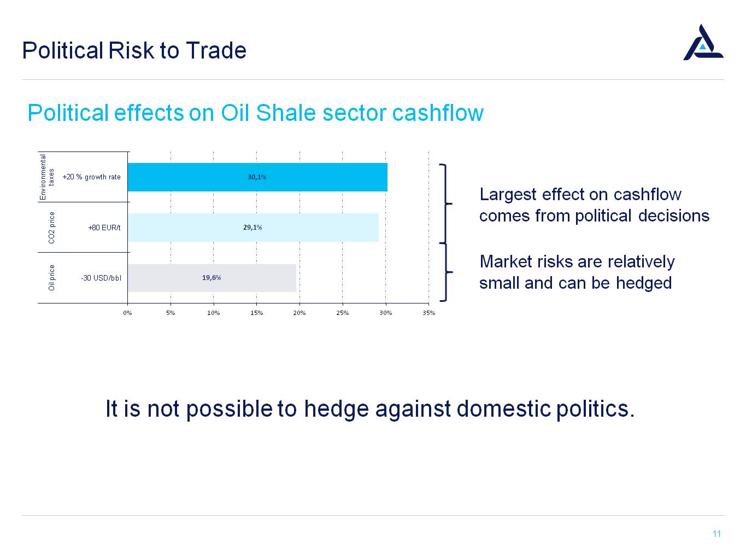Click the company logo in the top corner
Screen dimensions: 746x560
click(703, 43)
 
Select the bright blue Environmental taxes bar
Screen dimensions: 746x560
click(257, 177)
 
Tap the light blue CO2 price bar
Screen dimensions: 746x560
click(253, 227)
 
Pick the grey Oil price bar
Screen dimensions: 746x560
click(212, 278)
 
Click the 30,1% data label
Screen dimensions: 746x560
click(257, 177)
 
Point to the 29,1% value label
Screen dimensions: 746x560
click(252, 227)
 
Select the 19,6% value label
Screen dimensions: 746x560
click(212, 277)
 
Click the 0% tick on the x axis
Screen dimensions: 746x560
click(127, 313)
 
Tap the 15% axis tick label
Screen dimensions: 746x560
click(257, 313)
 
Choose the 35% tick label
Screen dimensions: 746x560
click(429, 313)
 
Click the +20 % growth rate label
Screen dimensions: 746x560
click(91, 177)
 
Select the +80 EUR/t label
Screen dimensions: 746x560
click(104, 227)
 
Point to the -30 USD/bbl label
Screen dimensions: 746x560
click(101, 278)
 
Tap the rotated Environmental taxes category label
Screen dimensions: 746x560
click(47, 177)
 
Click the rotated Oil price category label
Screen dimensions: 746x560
click(51, 277)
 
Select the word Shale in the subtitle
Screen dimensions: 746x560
click(286, 113)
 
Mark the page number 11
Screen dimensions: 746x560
click(717, 534)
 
